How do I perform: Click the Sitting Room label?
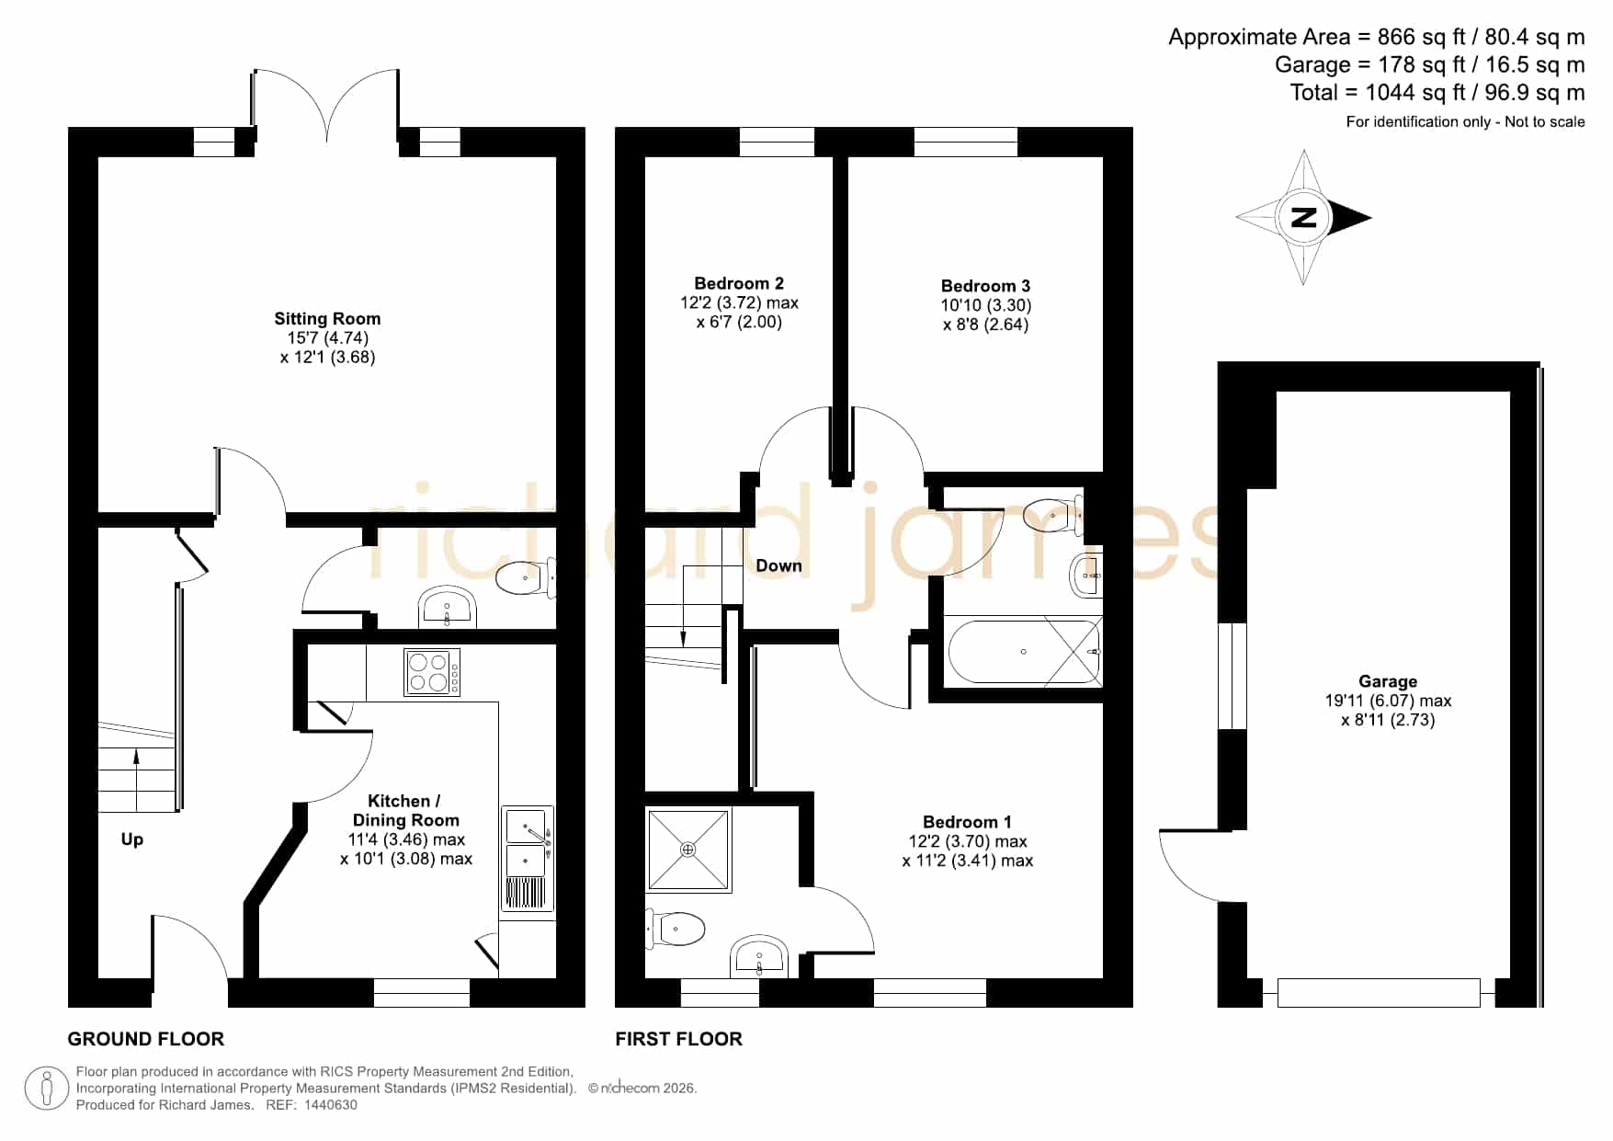[327, 319]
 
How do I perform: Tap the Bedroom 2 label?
[739, 283]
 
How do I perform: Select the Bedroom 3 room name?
[985, 286]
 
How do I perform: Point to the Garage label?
[1388, 681]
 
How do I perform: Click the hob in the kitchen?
[432, 672]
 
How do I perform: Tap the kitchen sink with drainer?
[528, 860]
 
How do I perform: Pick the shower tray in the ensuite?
[688, 850]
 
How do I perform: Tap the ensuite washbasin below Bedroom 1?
[759, 957]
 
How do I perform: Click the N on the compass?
[1303, 218]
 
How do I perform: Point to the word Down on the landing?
[778, 565]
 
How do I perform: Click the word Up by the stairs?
[132, 839]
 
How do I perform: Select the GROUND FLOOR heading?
[146, 1039]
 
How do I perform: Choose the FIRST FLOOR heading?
[678, 1039]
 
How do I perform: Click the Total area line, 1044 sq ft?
[1437, 93]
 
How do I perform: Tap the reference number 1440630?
[330, 1105]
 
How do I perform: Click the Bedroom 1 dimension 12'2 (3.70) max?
[968, 841]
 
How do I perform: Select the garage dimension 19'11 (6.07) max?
[1388, 701]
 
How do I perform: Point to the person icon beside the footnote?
[46, 1089]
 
